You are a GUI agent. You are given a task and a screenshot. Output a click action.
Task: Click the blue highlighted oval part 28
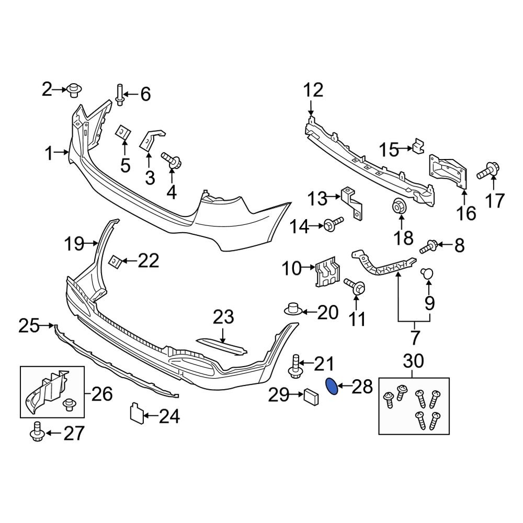[331, 386]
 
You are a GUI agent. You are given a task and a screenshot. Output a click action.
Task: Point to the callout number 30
[415, 360]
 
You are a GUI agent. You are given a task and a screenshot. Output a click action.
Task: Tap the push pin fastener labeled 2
[73, 90]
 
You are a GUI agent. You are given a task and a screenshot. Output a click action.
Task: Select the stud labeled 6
[120, 95]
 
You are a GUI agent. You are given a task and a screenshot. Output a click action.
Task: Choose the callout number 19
[74, 243]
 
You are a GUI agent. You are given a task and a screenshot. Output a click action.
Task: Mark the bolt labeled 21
[295, 366]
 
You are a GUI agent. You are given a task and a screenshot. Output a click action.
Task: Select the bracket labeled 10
[327, 274]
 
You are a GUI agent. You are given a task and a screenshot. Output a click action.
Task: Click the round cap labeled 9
[428, 273]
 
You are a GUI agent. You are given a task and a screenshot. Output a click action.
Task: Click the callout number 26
[102, 394]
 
